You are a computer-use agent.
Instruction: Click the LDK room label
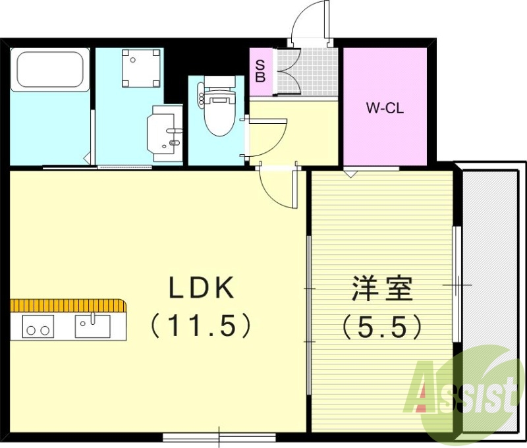[202, 289]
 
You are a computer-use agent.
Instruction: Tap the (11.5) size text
[201, 325]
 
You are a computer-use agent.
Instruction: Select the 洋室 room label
[381, 289]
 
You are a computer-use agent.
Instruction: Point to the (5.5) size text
[381, 325]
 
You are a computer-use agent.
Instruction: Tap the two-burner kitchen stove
[38, 327]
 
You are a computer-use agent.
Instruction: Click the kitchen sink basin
[92, 326]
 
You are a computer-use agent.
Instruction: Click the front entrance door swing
[310, 23]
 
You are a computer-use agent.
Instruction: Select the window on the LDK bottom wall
[219, 437]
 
